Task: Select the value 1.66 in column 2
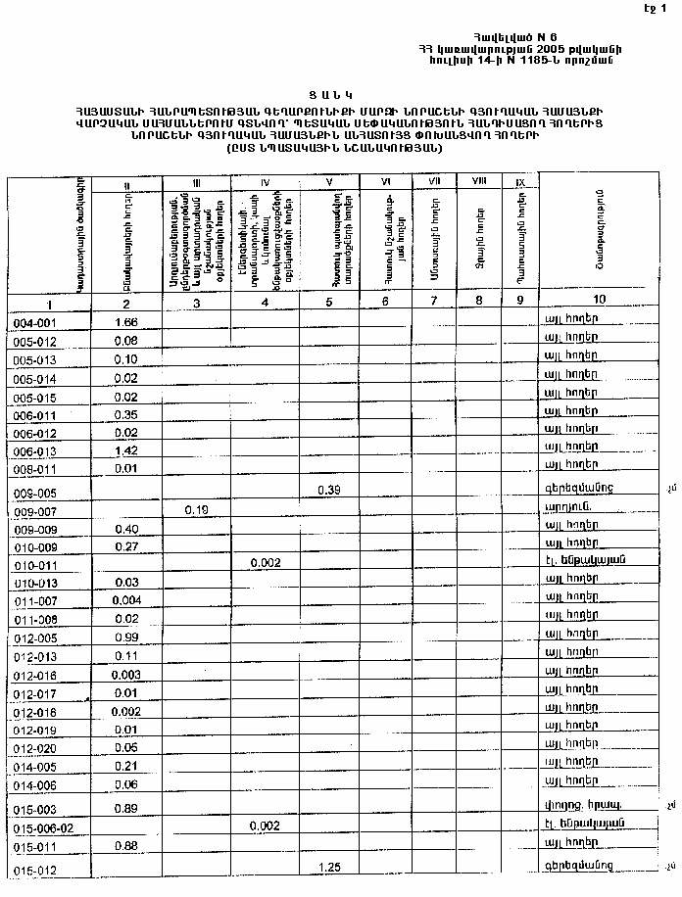click(x=125, y=322)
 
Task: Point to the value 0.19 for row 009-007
click(x=198, y=510)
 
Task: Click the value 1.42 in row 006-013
click(x=125, y=450)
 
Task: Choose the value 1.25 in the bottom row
click(x=329, y=866)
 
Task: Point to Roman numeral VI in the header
click(x=385, y=182)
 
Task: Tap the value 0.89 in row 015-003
click(x=125, y=809)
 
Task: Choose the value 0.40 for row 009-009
click(x=125, y=529)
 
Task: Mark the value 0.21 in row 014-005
click(x=125, y=767)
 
